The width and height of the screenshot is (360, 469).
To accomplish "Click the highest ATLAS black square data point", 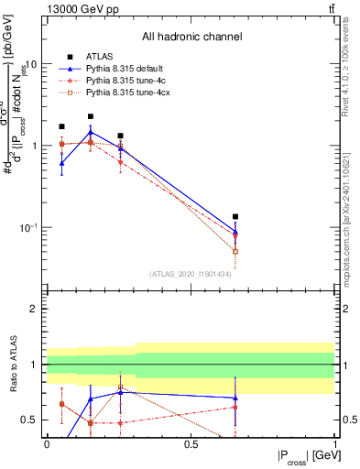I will pos(91,116).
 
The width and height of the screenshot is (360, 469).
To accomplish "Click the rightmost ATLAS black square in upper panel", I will pos(235,217).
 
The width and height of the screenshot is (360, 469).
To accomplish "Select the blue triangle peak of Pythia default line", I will pos(91,133).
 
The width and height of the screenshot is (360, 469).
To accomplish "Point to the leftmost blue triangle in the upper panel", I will pos(61,163).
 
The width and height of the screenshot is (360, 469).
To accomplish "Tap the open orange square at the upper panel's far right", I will pos(235,251).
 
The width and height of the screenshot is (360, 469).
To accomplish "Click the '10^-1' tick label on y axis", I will pos(27,227).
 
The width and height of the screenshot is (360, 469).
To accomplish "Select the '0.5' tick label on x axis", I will pos(191,442).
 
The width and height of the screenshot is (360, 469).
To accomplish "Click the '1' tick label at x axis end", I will pos(334,442).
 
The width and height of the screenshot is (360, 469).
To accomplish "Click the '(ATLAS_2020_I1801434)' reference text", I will pos(191,274).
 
